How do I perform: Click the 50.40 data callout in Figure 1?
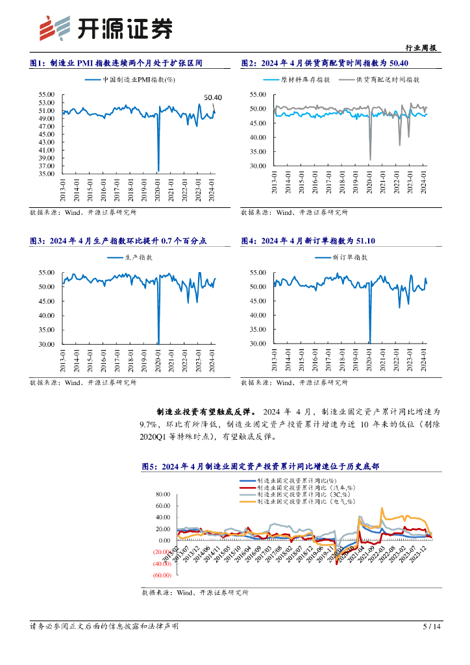(213, 97)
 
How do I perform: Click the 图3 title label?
(38, 241)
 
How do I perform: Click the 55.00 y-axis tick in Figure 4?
(257, 273)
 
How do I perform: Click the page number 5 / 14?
(432, 627)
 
